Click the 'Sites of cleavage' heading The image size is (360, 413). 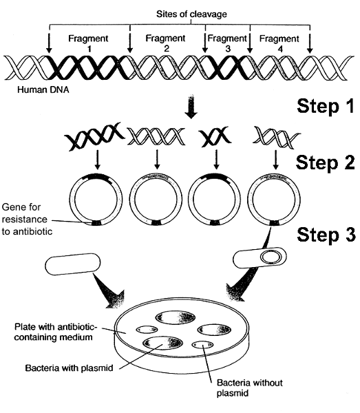point(191,14)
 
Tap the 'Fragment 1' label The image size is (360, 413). point(88,43)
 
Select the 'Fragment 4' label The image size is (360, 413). point(279,43)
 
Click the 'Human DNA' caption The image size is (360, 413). point(43,89)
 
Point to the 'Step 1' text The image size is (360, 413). point(326,106)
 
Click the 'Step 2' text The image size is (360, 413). point(326,162)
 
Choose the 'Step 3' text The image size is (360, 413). point(326,234)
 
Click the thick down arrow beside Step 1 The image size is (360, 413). point(191,107)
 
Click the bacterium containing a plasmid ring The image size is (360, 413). point(260,257)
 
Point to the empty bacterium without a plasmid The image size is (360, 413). point(73,264)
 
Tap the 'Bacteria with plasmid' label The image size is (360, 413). point(69,368)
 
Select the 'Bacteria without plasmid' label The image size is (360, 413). point(249,388)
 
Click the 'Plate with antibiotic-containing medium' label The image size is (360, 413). point(55,332)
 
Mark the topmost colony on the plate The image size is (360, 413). point(176,317)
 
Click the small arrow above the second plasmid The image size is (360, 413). point(157,160)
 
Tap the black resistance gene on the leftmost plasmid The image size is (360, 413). point(96,223)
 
